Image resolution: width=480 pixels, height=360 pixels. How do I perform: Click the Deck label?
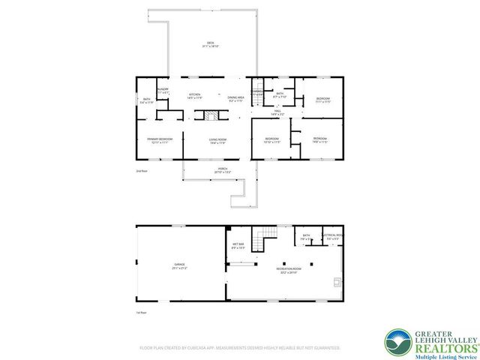pyautogui.click(x=211, y=44)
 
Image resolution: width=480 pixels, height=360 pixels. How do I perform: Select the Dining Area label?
pyautogui.click(x=235, y=98)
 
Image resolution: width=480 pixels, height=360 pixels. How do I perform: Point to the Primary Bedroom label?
pyautogui.click(x=160, y=140)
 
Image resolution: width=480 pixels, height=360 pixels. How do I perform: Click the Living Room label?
pyautogui.click(x=217, y=140)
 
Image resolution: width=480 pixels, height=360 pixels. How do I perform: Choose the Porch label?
pyautogui.click(x=222, y=170)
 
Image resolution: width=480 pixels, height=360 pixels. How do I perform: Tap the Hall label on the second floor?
pyautogui.click(x=277, y=113)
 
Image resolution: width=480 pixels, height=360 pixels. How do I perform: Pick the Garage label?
pyautogui.click(x=179, y=265)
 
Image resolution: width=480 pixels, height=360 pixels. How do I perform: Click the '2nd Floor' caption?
pyautogui.click(x=140, y=172)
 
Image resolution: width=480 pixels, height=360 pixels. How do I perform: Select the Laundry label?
pyautogui.click(x=163, y=91)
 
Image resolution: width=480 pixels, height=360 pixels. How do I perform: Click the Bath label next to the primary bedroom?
pyautogui.click(x=147, y=100)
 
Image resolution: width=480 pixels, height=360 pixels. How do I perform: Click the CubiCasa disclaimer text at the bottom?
pyautogui.click(x=240, y=348)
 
